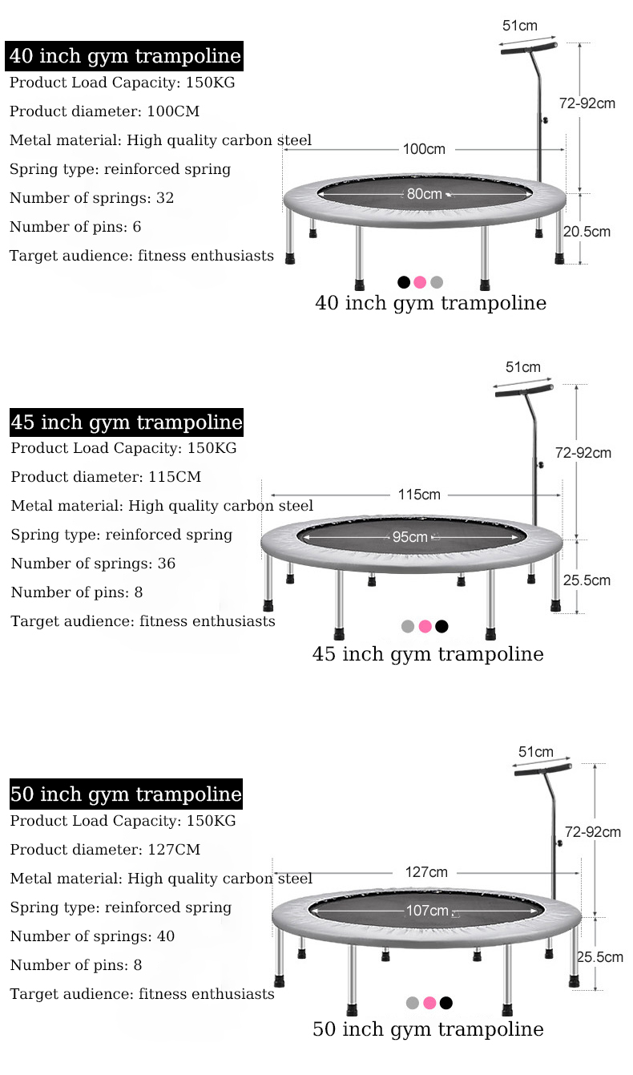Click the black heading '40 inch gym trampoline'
tap(125, 56)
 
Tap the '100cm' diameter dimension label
tap(424, 149)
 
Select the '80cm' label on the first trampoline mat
tap(424, 193)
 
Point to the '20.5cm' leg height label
tap(587, 232)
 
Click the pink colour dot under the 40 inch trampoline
tap(420, 282)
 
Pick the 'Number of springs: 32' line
tap(91, 198)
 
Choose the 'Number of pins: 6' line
tap(75, 227)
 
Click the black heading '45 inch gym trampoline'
tap(126, 422)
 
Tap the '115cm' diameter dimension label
tap(420, 495)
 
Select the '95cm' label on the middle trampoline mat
tap(409, 536)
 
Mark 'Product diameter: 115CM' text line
tap(106, 477)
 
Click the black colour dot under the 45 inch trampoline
tap(441, 626)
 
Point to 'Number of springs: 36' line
tap(93, 564)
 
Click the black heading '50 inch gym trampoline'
tap(126, 794)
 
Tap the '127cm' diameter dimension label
tap(426, 871)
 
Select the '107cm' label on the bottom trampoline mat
tap(427, 911)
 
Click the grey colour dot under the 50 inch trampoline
tap(413, 1002)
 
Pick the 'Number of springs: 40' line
tap(92, 936)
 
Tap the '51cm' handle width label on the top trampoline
tap(520, 26)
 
